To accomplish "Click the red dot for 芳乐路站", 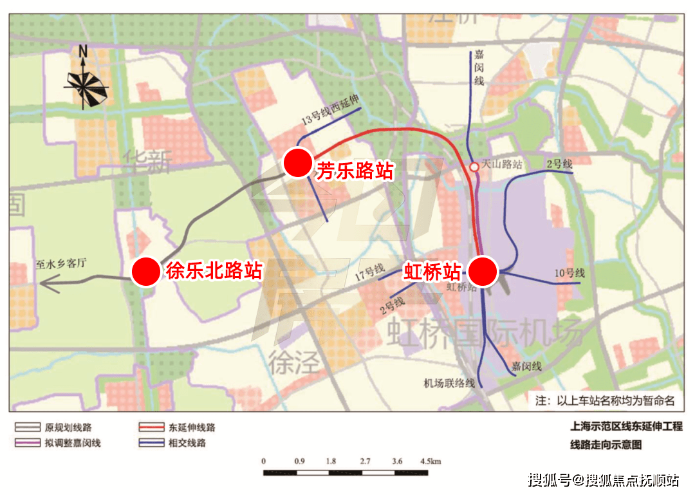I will pyautogui.click(x=298, y=163).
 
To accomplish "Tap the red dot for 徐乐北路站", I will pyautogui.click(x=146, y=272).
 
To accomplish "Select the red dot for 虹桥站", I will pyautogui.click(x=483, y=271).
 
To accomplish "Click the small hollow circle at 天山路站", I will pyautogui.click(x=474, y=167).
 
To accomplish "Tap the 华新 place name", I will pyautogui.click(x=147, y=160).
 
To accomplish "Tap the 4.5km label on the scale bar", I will pyautogui.click(x=429, y=462).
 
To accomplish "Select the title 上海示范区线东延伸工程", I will pyautogui.click(x=626, y=426).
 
